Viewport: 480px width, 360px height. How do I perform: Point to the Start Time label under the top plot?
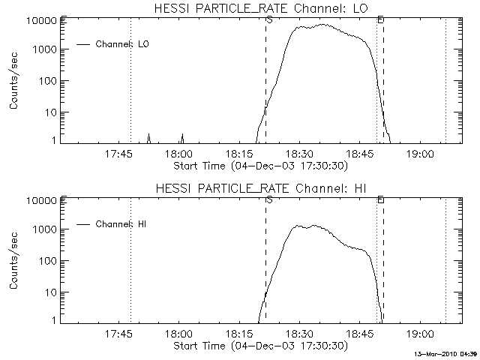coord(259,165)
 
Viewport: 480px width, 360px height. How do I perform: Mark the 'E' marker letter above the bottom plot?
coord(380,199)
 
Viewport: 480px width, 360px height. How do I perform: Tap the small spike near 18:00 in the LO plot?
coord(182,137)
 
